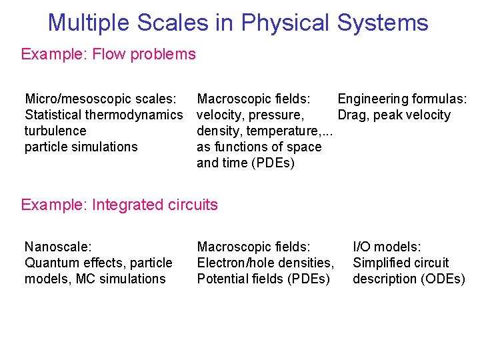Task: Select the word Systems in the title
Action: coord(382,23)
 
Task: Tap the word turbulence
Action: coord(55,131)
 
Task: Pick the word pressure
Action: coord(276,115)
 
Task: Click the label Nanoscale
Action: coord(55,247)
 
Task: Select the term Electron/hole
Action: coord(236,263)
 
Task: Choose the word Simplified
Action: coord(381,263)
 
